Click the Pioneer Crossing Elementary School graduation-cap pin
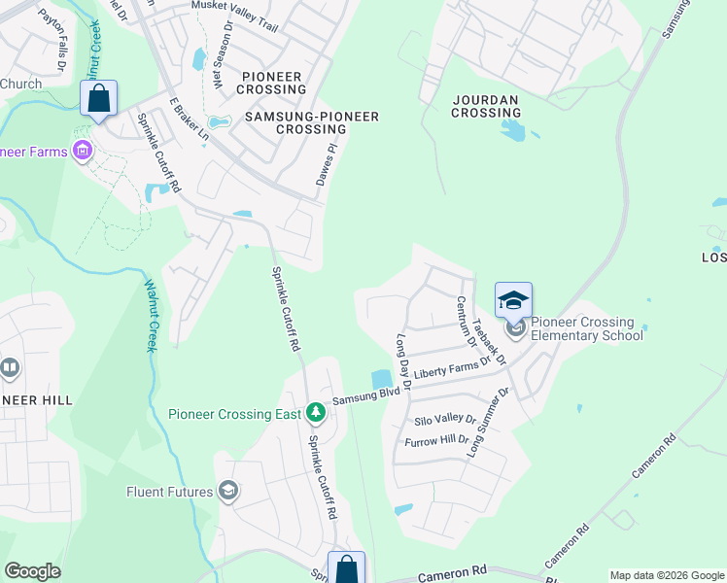[x=513, y=301]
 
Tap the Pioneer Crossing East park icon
[x=315, y=414]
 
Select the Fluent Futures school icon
[x=228, y=491]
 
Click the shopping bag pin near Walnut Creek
[x=98, y=99]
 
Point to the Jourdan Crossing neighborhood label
[x=486, y=106]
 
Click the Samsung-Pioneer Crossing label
[x=311, y=122]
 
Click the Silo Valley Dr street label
[x=444, y=420]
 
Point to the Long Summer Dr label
[x=489, y=423]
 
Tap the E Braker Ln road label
[x=190, y=120]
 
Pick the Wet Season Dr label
[x=219, y=65]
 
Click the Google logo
[x=32, y=571]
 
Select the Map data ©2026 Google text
[x=667, y=575]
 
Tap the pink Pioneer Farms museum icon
[x=83, y=151]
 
